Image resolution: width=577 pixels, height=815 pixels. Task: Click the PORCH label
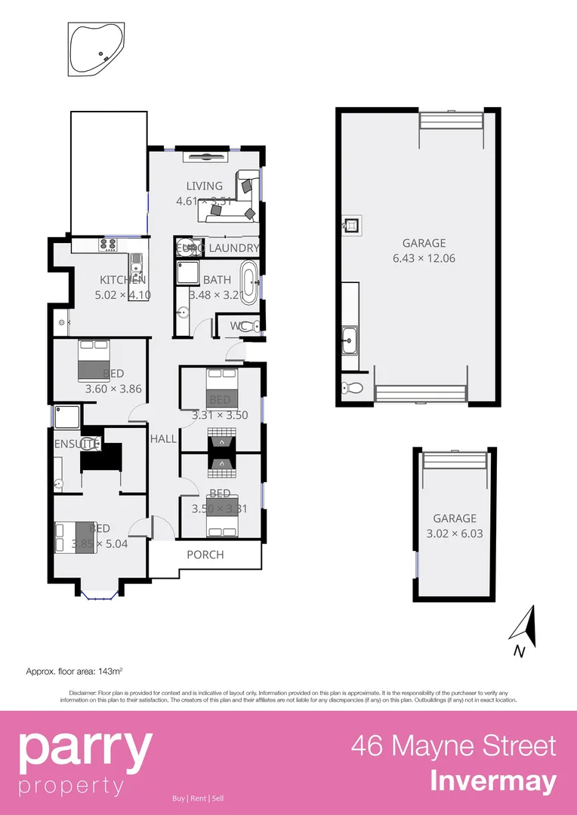coord(205,555)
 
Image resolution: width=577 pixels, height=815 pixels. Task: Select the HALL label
coord(163,438)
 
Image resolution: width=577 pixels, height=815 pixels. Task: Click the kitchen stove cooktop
coord(106,244)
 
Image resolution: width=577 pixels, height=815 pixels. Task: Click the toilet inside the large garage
coord(352,388)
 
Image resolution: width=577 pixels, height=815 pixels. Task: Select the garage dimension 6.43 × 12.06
coord(424,258)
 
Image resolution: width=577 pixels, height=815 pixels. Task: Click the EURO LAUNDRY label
coord(218,248)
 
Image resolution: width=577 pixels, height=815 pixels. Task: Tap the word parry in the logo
coord(85,749)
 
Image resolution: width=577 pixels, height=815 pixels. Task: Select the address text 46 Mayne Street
coord(453,746)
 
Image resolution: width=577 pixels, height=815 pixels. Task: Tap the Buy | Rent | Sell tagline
coord(198,798)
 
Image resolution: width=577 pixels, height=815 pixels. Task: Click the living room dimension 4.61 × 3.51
coord(205,201)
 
